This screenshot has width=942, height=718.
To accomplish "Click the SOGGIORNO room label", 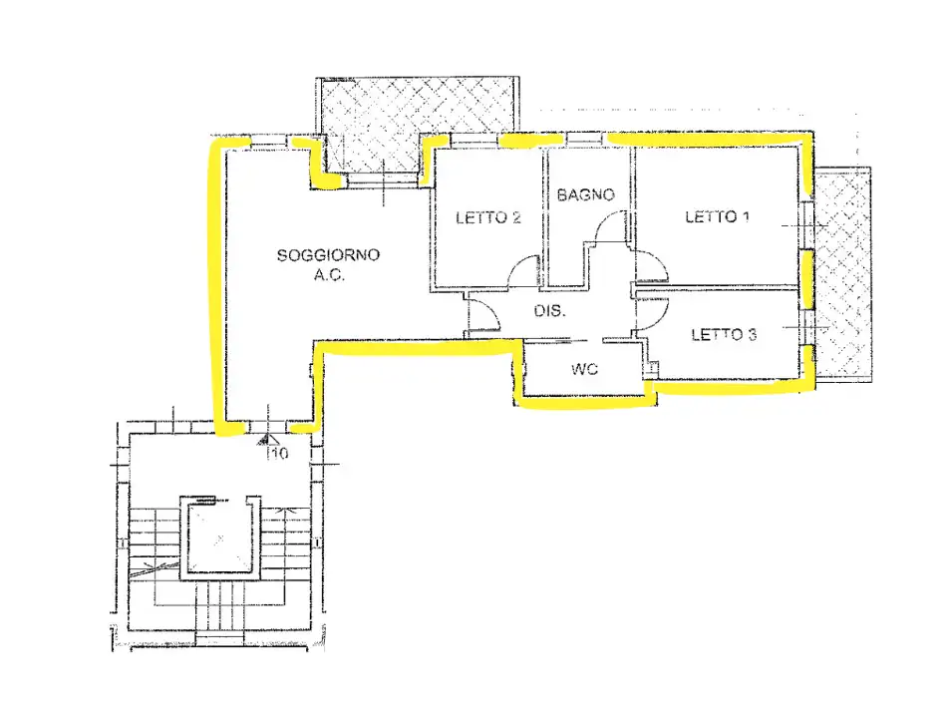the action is pyautogui.click(x=328, y=255).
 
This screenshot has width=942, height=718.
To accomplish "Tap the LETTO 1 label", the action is pyautogui.click(x=718, y=217).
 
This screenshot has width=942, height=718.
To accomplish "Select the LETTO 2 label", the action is pyautogui.click(x=487, y=217).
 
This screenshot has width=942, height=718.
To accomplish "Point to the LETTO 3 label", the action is pyautogui.click(x=724, y=335).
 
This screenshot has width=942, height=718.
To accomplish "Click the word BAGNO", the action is pyautogui.click(x=586, y=194).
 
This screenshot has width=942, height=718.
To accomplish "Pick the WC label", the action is pyautogui.click(x=584, y=369).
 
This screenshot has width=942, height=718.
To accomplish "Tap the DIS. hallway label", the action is pyautogui.click(x=549, y=311).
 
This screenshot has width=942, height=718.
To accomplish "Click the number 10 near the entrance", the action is pyautogui.click(x=279, y=453).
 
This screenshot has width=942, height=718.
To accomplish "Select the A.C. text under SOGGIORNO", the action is pyautogui.click(x=329, y=276).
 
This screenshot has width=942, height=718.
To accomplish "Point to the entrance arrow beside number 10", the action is pyautogui.click(x=264, y=441).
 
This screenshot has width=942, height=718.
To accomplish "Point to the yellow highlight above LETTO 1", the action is pyautogui.click(x=709, y=140).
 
